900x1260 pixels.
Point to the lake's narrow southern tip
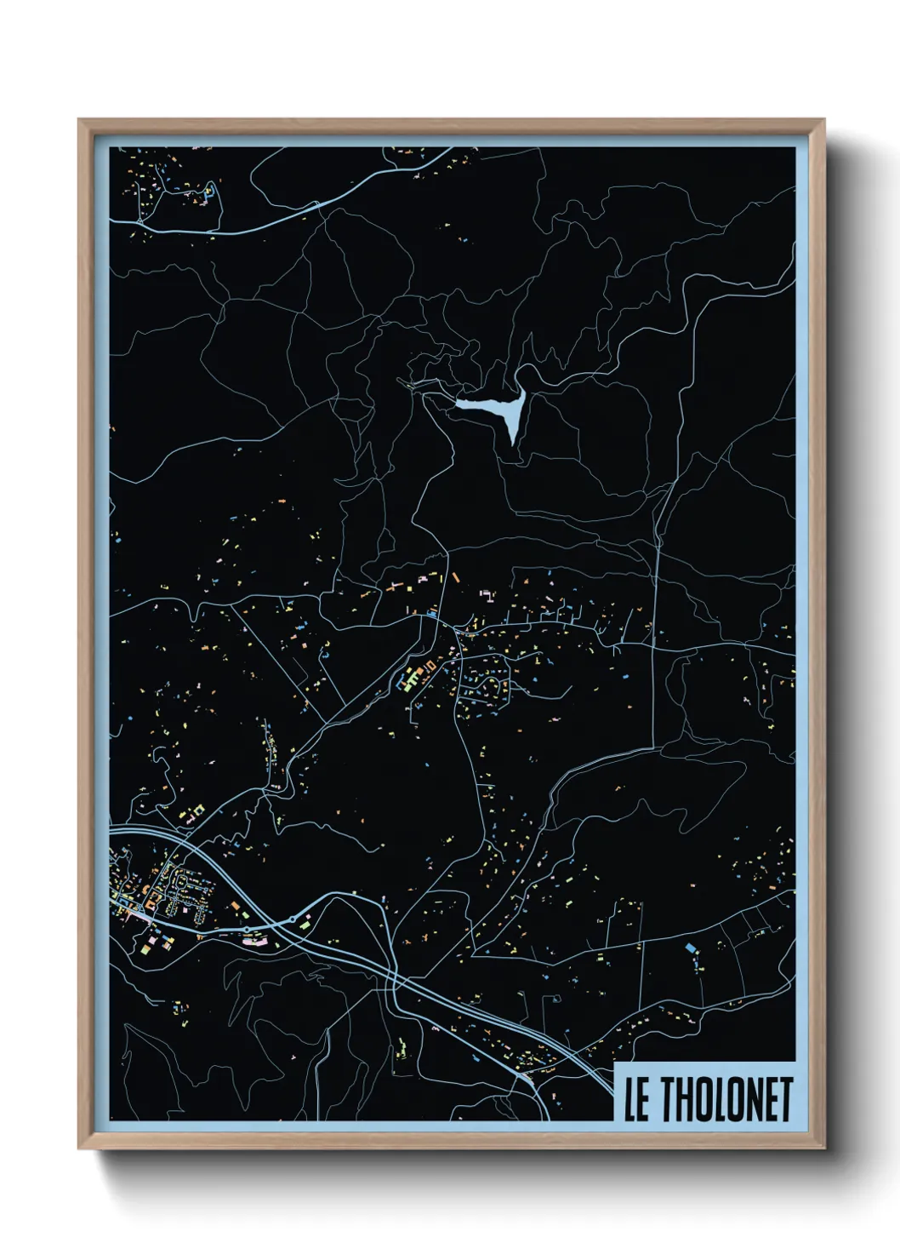[x=512, y=441]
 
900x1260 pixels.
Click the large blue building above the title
[x=690, y=947]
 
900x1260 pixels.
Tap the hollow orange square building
[x=430, y=665]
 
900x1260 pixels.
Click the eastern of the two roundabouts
[x=293, y=919]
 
